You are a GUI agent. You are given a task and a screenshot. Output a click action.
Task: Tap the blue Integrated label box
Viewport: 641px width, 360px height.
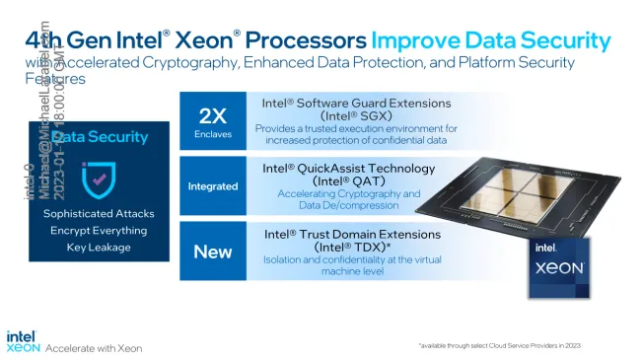(213, 185)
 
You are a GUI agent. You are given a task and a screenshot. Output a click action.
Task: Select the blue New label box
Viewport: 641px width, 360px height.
(213, 252)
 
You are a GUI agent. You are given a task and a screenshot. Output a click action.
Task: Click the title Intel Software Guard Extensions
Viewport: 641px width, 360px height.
(356, 103)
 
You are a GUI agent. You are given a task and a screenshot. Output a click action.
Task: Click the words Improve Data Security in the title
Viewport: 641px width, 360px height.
(490, 40)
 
